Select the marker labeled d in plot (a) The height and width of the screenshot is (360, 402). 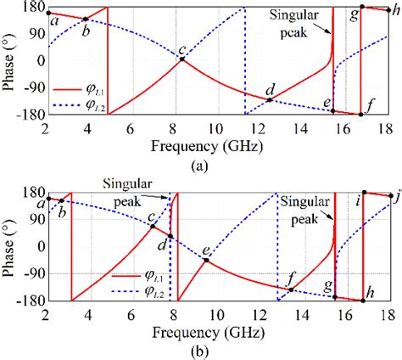(270, 100)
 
